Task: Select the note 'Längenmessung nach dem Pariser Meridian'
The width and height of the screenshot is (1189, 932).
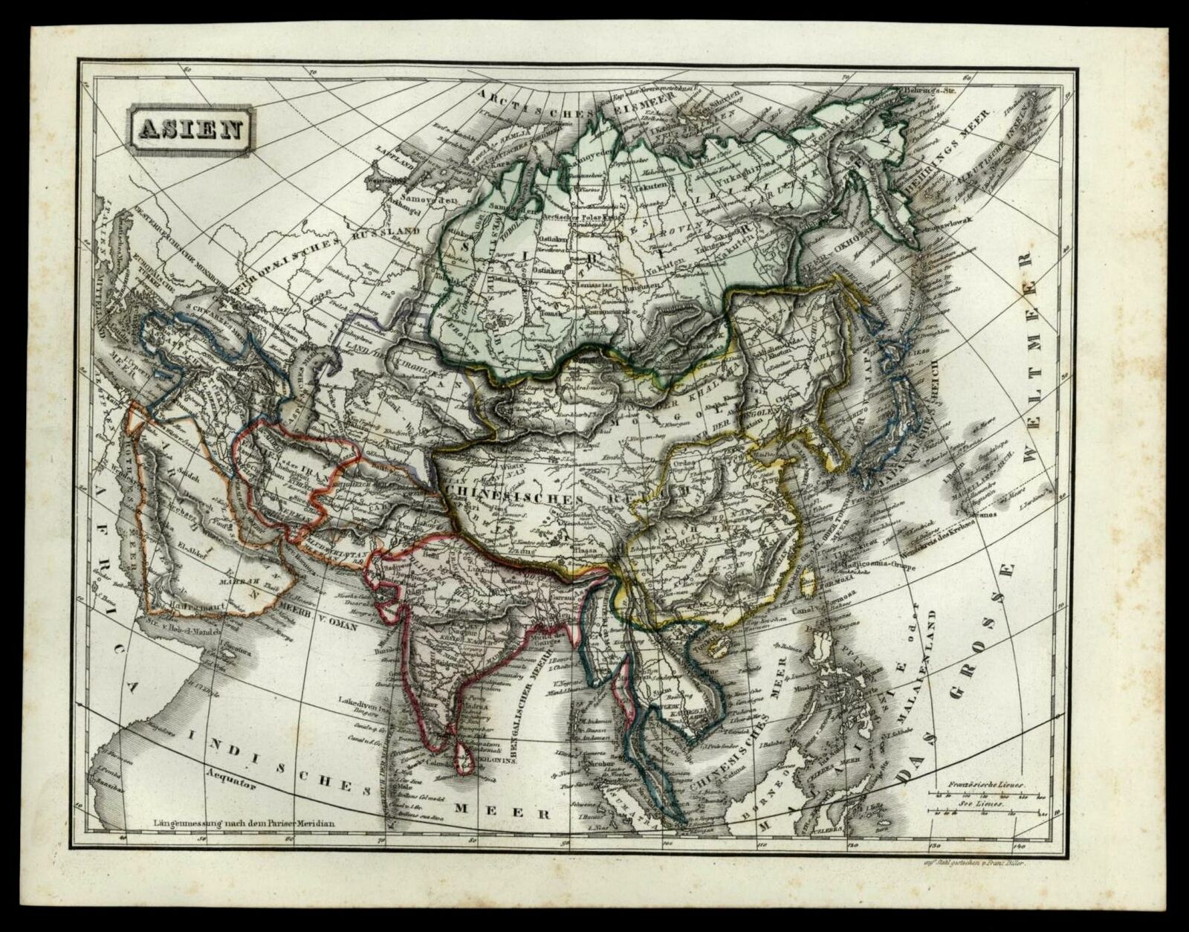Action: coord(245,823)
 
